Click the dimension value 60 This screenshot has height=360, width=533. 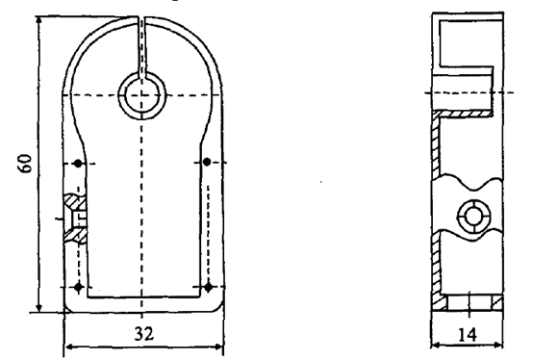[25, 164]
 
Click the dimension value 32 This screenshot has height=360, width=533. [144, 334]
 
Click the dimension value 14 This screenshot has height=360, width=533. [468, 335]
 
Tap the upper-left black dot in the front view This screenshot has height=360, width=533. [78, 164]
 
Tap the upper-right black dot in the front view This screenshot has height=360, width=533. [207, 162]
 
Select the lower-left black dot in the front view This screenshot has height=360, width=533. [79, 287]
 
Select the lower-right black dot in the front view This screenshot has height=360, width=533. [209, 287]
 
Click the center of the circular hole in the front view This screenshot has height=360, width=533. [142, 95]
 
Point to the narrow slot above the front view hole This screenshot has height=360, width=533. [142, 47]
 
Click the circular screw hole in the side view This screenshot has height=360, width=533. [474, 217]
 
